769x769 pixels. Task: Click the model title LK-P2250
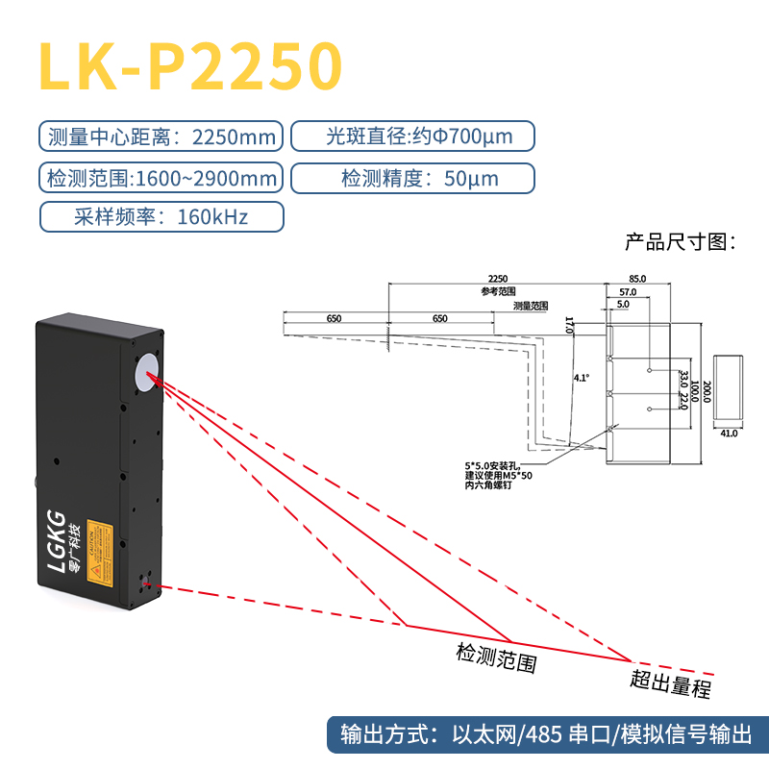coord(189,65)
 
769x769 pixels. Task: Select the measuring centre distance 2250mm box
coord(161,136)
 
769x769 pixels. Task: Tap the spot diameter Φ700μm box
coord(411,136)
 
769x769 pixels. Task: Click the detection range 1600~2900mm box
coord(161,178)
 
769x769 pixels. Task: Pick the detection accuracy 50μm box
coord(411,178)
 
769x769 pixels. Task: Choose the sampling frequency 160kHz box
coord(161,217)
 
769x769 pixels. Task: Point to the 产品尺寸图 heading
coord(680,240)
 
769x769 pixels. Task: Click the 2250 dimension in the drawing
coord(496,278)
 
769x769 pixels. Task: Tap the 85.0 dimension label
coord(636,278)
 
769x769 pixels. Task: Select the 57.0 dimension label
coord(628,290)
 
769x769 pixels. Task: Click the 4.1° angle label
coord(581,378)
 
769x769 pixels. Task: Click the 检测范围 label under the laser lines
coord(495,658)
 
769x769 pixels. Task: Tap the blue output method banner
coord(545,736)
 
